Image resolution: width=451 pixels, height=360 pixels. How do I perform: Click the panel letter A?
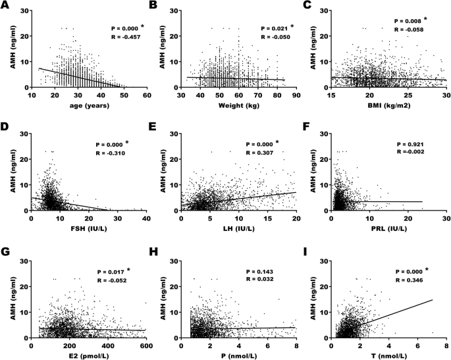[5, 6]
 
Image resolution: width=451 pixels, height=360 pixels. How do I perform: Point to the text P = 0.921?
[408, 142]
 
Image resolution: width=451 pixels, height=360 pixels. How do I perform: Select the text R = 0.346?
[410, 280]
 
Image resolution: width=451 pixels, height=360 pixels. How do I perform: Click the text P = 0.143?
[260, 271]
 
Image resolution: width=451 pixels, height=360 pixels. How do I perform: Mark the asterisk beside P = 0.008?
[425, 18]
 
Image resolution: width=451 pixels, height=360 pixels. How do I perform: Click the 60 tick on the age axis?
[147, 95]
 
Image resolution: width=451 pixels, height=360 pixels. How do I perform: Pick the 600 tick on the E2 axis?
[146, 344]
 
